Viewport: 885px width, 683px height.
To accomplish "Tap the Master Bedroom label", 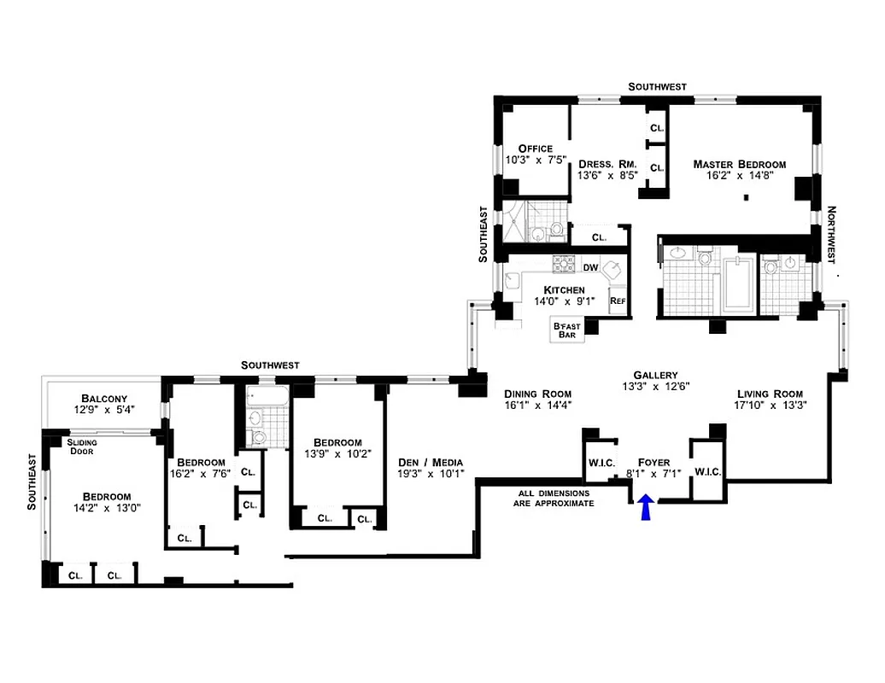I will (x=739, y=164).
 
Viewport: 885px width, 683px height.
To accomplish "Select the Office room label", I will (x=535, y=149).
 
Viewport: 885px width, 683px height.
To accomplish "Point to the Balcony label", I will (x=104, y=399).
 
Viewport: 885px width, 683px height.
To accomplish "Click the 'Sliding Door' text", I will (x=82, y=447).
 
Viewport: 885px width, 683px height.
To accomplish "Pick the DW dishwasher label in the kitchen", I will (x=590, y=267).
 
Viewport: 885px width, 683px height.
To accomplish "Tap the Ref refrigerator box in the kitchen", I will (x=617, y=301).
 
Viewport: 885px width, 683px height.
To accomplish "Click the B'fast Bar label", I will (x=566, y=330).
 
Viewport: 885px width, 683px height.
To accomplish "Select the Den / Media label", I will (x=431, y=463).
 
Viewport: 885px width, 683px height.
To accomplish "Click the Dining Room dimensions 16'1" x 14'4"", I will (x=536, y=406).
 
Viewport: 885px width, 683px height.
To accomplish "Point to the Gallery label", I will (x=655, y=375).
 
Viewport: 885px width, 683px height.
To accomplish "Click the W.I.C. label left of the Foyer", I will (x=598, y=464).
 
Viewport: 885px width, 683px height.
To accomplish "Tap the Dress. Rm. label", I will (x=604, y=164).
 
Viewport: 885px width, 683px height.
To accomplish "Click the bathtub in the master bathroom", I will (x=737, y=289).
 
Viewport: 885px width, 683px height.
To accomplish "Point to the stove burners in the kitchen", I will (x=565, y=263).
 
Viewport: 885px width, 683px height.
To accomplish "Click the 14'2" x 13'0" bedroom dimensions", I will (x=106, y=510).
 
